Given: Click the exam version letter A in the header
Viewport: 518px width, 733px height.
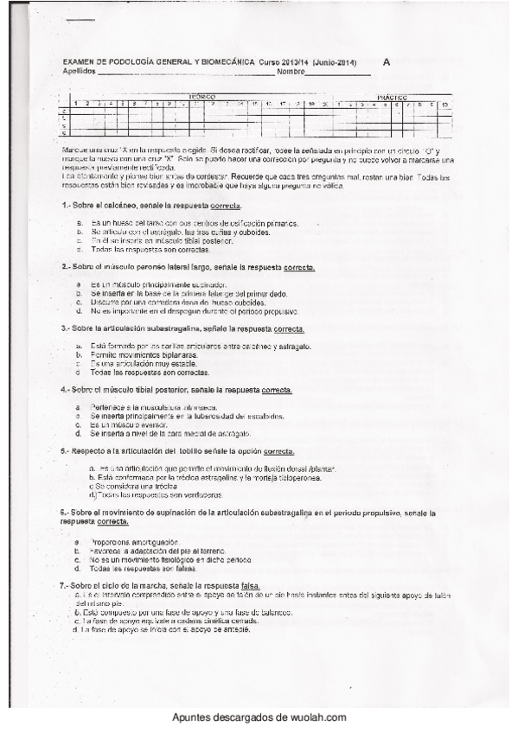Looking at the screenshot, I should point(386,62).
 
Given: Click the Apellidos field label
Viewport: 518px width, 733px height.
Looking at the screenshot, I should point(80,71).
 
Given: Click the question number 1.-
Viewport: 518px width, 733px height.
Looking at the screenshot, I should point(66,207).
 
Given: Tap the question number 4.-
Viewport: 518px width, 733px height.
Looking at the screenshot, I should point(66,390).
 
